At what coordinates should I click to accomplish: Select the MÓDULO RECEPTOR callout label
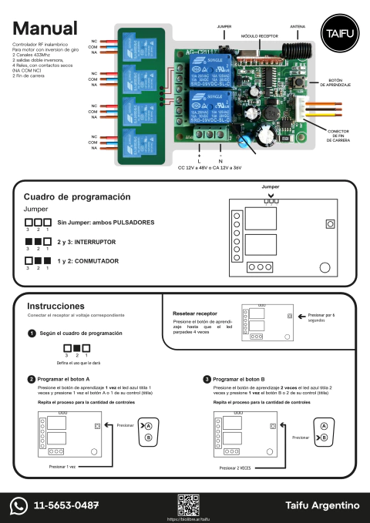260,35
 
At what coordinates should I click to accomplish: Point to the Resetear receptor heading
195,313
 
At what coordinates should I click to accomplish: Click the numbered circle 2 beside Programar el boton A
31,380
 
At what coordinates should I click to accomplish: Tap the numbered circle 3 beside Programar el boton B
207,380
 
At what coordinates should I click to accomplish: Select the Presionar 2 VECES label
235,468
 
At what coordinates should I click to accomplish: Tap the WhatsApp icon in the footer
18,505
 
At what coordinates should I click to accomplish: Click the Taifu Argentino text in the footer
321,505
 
